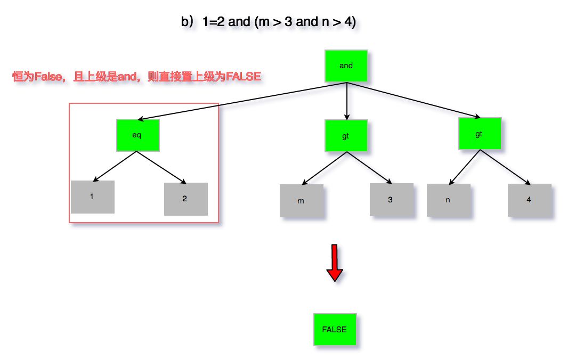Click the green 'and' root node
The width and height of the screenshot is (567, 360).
[346, 66]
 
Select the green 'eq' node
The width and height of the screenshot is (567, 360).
[137, 135]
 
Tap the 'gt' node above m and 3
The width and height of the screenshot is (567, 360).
[346, 136]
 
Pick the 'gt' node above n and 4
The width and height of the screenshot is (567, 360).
[479, 134]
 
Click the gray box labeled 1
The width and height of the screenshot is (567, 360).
[93, 197]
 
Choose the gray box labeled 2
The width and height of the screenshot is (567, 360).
[185, 199]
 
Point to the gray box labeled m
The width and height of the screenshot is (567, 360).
[301, 201]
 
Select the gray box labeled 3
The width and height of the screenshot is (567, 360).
[391, 200]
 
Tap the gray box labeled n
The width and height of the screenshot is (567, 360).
[448, 200]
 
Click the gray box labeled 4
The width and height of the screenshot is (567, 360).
[529, 200]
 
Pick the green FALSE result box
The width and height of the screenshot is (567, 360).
[335, 329]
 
